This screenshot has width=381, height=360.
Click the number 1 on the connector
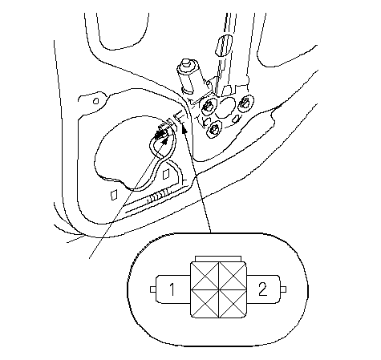(x=172, y=289)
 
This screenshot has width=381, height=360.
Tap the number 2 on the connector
(x=262, y=289)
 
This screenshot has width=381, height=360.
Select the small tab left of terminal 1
(x=153, y=289)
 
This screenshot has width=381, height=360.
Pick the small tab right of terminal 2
(x=284, y=289)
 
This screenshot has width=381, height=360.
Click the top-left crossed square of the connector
(x=205, y=276)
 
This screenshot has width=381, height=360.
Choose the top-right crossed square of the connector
(x=233, y=276)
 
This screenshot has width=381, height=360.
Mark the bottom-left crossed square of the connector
(x=205, y=304)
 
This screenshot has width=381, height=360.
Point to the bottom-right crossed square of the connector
(x=233, y=304)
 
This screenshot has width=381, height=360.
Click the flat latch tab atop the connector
(x=218, y=259)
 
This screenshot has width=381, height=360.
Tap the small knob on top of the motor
(x=185, y=64)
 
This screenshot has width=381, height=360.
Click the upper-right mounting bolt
(x=245, y=103)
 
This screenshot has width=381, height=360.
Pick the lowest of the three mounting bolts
(x=214, y=129)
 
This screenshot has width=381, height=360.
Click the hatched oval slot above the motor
(x=224, y=46)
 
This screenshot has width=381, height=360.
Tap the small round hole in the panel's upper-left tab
(x=95, y=101)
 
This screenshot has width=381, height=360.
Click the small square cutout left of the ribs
(x=114, y=195)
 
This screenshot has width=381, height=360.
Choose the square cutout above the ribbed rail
(x=166, y=174)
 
